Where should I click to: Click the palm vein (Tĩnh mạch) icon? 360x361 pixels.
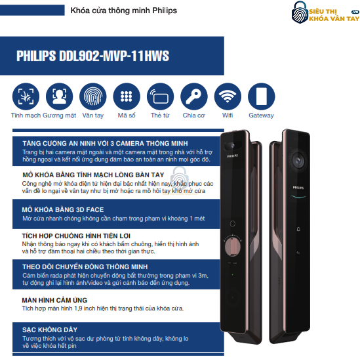click(26, 96)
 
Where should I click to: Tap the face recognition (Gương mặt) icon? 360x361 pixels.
click(59, 96)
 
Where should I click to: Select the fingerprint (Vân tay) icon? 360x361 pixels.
click(93, 96)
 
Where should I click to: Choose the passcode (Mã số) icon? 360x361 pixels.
click(127, 96)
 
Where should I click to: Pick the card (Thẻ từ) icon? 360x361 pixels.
click(160, 96)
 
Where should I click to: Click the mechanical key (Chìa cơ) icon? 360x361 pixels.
click(194, 96)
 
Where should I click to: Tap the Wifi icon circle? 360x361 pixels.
click(228, 96)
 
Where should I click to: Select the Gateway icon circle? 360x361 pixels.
click(261, 96)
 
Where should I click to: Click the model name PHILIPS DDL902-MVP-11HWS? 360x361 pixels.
click(92, 56)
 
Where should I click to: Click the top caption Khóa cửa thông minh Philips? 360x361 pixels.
click(123, 11)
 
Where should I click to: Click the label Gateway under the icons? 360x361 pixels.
click(261, 116)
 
